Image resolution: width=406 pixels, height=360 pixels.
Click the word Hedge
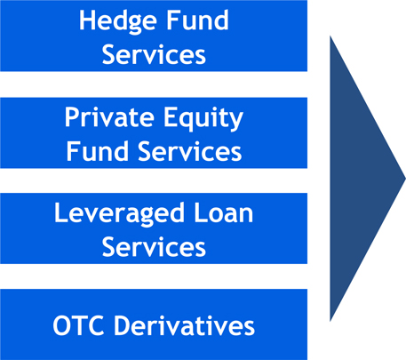(117, 21)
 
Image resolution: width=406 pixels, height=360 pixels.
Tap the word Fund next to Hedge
(197, 20)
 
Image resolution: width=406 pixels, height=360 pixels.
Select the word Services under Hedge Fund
(154, 54)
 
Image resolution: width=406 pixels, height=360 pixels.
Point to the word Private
(109, 116)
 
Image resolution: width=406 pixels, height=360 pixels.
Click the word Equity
(203, 118)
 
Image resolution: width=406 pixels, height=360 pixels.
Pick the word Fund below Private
(97, 150)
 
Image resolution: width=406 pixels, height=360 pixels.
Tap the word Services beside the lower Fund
(190, 150)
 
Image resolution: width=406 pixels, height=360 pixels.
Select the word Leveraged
(118, 214)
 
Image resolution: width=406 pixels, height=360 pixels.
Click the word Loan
(223, 212)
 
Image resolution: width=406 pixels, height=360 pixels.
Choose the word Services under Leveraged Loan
(154, 246)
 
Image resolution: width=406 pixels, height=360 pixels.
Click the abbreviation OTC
(78, 325)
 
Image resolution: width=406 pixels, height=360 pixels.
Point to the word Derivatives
(185, 325)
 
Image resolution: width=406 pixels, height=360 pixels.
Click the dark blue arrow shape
(362, 179)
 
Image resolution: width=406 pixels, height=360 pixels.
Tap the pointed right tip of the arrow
(405, 179)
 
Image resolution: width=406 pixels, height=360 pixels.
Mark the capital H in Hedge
(87, 20)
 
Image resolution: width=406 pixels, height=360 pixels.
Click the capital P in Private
(72, 116)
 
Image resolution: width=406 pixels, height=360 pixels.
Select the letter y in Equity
(235, 122)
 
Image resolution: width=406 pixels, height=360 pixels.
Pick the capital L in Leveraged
(60, 212)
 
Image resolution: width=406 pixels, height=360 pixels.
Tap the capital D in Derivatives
(123, 325)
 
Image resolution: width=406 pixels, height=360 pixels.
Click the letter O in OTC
(62, 325)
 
